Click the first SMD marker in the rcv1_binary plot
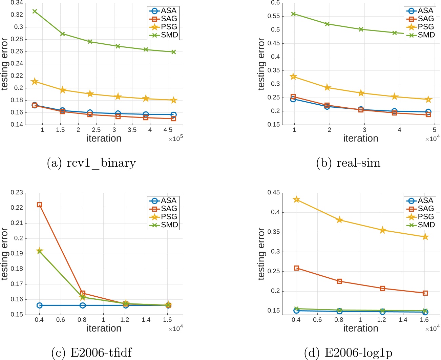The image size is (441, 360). pos(35,11)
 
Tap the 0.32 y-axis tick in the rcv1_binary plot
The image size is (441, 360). pos(17,15)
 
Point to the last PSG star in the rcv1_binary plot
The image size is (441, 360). pos(173,100)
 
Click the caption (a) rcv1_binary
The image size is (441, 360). pos(91,163)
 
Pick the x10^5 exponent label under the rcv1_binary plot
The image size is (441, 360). pos(175,139)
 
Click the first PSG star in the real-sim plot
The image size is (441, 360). pos(293,77)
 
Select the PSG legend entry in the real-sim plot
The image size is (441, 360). pos(420,27)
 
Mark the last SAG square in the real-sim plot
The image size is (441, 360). pos(428,115)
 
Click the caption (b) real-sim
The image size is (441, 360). pos(348,163)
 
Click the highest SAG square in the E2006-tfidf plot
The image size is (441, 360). pos(39,205)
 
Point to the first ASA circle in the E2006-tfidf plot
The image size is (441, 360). pos(39,305)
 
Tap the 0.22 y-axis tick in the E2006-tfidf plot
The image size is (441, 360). pos(17,208)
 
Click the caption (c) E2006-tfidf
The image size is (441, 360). pos(91,353)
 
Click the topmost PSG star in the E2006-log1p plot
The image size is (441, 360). pos(296,199)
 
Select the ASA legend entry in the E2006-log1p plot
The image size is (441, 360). pos(420,201)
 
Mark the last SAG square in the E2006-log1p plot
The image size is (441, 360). pos(425,293)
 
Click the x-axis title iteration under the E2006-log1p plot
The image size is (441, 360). pos(361,329)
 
